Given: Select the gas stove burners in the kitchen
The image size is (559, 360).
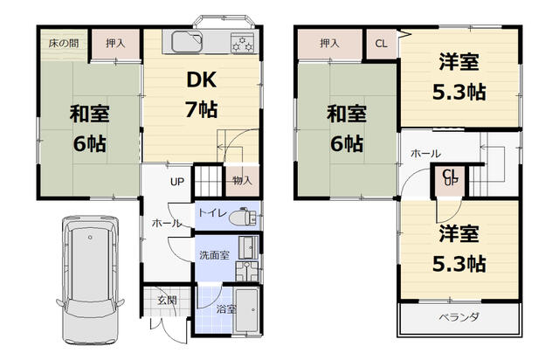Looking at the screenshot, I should click(240, 44).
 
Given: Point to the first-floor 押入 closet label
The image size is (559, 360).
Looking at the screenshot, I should click(114, 42).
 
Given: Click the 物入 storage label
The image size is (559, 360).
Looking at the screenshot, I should click(241, 181).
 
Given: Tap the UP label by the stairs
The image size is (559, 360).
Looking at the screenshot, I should click(177, 183).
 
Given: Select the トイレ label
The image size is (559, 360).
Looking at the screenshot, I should click(211, 213).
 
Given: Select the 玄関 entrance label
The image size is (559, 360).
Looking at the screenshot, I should click(167, 301).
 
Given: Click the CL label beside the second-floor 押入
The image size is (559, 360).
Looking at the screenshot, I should click(382, 43).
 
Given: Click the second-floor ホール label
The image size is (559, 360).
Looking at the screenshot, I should click(425, 154).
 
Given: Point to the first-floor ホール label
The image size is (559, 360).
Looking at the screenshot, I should click(167, 224).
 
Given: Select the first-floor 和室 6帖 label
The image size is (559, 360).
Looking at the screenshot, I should click(87, 127).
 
